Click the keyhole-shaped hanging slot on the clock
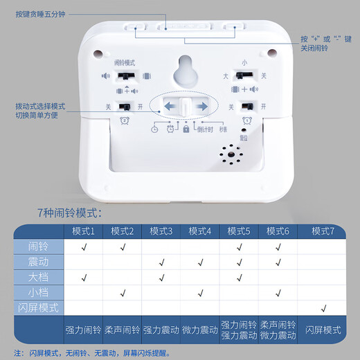[184, 70]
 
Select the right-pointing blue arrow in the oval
[201, 106]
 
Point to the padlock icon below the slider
[186, 129]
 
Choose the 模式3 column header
[161, 230]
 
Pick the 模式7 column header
[323, 230]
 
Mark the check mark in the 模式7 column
[323, 307]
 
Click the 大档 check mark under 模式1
[84, 277]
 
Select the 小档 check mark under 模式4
[200, 292]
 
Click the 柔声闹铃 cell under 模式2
[123, 330]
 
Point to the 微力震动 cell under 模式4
[200, 330]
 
